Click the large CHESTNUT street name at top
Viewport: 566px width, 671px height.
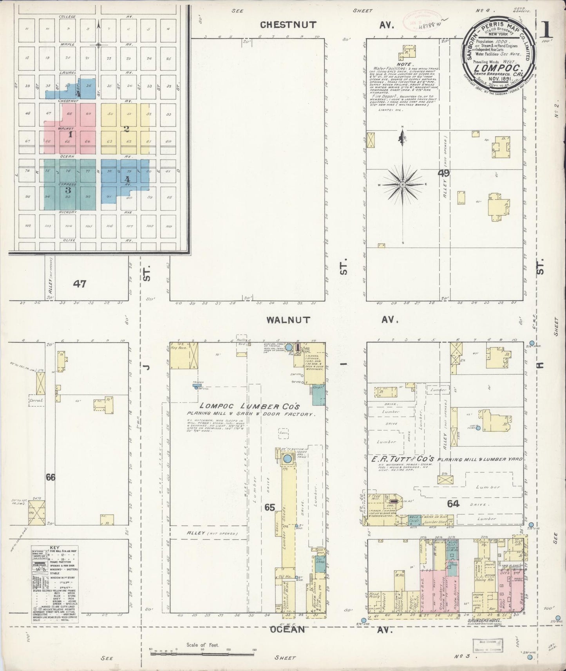(288, 25)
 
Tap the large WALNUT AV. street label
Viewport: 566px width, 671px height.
(288, 320)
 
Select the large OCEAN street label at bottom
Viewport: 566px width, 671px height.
(287, 629)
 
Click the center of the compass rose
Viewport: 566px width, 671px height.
(402, 184)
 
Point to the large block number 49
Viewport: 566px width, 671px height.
(444, 173)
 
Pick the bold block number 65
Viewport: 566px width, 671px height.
(269, 507)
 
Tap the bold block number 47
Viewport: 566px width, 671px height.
(80, 284)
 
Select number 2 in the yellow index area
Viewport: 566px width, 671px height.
(126, 129)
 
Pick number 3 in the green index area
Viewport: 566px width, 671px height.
(68, 190)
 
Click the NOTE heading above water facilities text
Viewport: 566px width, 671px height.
(404, 64)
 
